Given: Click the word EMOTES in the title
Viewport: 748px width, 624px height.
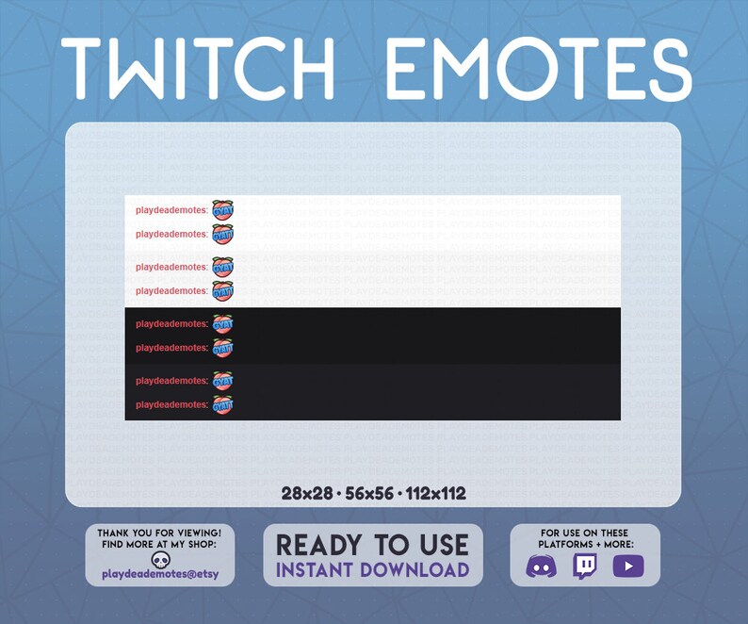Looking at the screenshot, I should tap(538, 70).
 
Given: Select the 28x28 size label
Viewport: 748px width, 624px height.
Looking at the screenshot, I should tap(306, 493).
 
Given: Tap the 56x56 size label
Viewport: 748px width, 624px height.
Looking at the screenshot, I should tap(367, 493).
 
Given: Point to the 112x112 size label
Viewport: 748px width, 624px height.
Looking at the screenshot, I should tap(436, 493).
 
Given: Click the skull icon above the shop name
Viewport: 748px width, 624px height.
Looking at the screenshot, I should tap(160, 560).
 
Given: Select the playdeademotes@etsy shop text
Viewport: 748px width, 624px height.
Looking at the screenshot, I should tap(160, 574).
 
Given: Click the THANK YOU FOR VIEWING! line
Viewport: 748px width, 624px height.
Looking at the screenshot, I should tap(160, 533).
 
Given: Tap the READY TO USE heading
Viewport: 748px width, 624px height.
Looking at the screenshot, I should tap(372, 545).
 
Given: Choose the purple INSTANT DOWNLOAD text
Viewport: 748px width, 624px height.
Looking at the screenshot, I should tap(372, 569).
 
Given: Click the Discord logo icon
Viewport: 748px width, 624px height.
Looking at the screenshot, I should tap(541, 567).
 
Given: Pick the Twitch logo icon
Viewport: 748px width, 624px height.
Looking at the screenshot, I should tap(585, 567).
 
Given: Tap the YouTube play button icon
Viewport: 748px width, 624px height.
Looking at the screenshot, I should tap(627, 567).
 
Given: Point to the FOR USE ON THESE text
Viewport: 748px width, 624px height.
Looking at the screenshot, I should tap(585, 533).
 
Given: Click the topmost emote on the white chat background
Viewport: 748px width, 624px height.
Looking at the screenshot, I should tap(222, 209).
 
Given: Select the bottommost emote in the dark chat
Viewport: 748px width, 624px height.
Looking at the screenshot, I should tap(222, 404).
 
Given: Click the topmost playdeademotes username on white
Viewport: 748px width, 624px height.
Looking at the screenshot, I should tap(171, 210).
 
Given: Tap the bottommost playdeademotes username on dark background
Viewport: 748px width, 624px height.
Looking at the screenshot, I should tap(171, 404).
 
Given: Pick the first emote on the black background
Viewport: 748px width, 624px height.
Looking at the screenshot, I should tap(222, 324).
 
